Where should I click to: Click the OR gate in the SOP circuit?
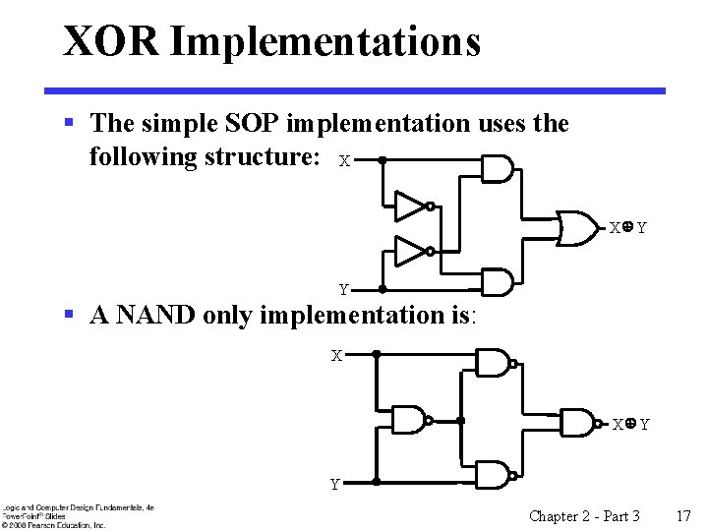tap(579, 227)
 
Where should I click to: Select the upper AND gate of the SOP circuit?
tap(497, 169)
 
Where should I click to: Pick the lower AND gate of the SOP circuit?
tap(497, 283)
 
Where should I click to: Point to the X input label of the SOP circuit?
tap(344, 160)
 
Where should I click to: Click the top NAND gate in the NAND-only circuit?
tap(492, 363)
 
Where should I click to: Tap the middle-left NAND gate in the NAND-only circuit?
tap(409, 420)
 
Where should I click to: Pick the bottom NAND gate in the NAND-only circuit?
tap(492, 475)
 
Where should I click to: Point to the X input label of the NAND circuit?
tap(336, 355)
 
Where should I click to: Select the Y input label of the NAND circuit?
tap(335, 485)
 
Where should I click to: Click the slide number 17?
tap(684, 515)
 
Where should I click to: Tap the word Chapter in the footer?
tap(553, 515)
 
